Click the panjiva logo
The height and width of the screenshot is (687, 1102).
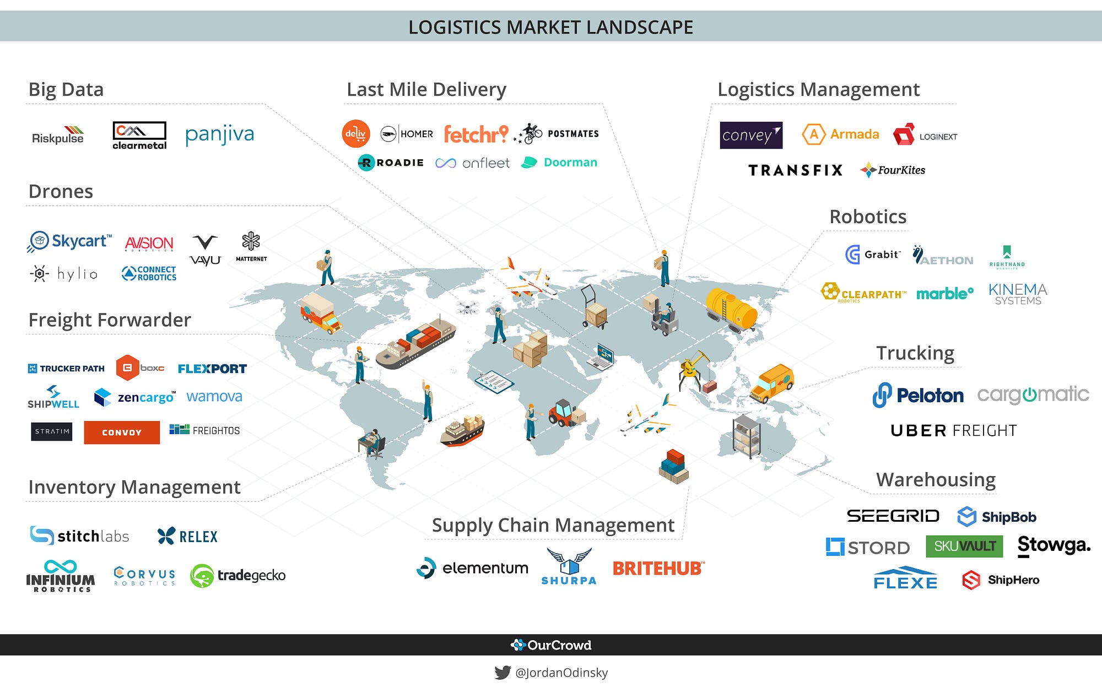[219, 134]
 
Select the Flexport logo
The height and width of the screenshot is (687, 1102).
[212, 369]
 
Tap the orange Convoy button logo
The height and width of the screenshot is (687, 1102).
[122, 432]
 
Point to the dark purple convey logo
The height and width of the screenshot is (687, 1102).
[750, 135]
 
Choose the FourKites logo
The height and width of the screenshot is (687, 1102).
[893, 170]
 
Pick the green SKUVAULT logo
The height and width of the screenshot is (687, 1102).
[964, 546]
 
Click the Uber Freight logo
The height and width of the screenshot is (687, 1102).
[953, 430]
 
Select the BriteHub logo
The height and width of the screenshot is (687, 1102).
[658, 568]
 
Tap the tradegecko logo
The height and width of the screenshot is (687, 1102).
[238, 576]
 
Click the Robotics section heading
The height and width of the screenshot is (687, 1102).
[868, 217]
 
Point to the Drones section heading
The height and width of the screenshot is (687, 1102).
[61, 191]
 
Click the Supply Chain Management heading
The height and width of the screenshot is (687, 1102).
[553, 525]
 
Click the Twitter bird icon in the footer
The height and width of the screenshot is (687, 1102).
[502, 672]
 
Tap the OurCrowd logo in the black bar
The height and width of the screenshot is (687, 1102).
[551, 645]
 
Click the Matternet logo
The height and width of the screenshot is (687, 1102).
[251, 246]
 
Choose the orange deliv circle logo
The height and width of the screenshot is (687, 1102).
[355, 133]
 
